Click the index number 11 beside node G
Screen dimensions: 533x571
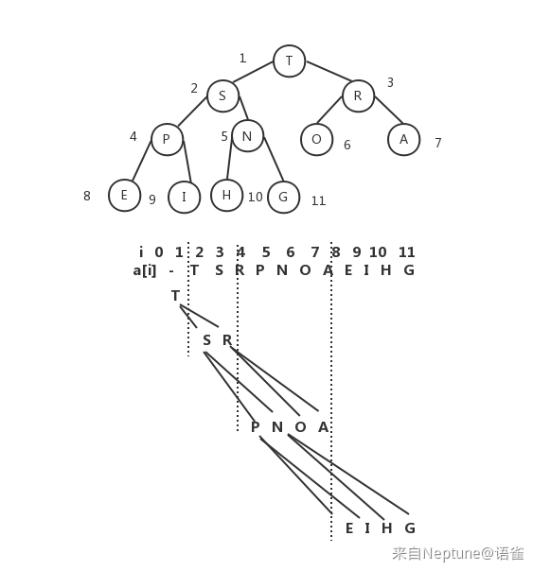point(318,201)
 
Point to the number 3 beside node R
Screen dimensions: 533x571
point(390,82)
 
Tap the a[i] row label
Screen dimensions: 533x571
point(144,270)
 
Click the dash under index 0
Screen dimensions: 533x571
point(171,271)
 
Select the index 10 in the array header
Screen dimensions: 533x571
point(378,252)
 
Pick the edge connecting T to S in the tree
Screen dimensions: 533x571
point(253,72)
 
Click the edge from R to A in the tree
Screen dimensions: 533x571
point(389,110)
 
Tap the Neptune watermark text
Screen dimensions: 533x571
point(458,554)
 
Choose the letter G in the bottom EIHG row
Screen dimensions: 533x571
point(410,528)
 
